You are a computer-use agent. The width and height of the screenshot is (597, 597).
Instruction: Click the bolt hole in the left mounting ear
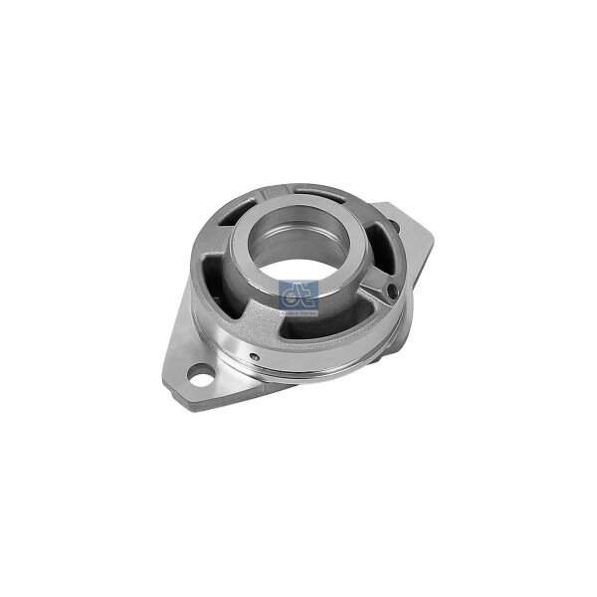tap(207, 377)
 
